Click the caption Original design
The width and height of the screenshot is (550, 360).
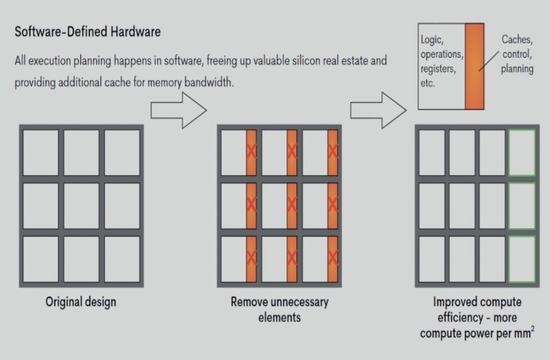point(80,303)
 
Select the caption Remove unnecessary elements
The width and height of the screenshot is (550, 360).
point(279,309)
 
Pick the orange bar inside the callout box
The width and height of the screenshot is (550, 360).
point(475,66)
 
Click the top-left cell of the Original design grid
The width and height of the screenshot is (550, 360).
point(40,151)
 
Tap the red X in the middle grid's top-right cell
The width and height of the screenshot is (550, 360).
point(332,150)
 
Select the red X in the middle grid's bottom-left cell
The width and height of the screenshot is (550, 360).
point(251,257)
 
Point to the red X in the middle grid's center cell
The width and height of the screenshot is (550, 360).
point(291,204)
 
